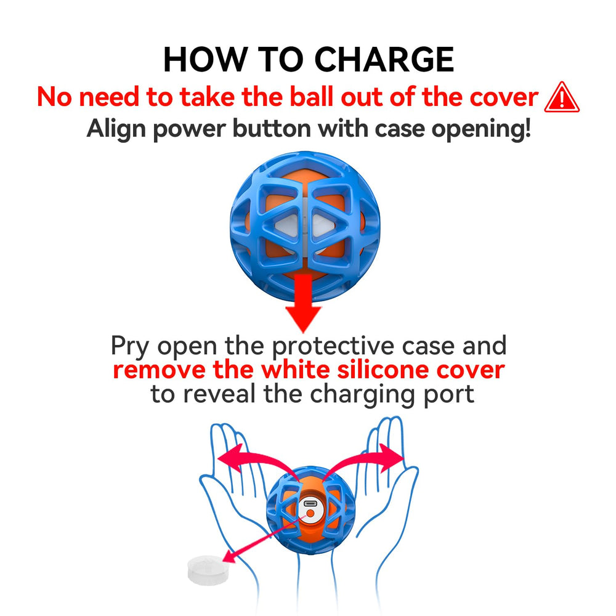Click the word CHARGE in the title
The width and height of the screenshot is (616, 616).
tap(384, 59)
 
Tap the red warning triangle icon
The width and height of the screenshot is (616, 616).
tap(562, 97)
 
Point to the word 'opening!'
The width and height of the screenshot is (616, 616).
tap(481, 129)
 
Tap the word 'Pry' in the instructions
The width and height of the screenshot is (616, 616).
tap(130, 347)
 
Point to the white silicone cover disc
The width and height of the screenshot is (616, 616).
tap(208, 570)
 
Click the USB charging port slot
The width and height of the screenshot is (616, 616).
tap(310, 503)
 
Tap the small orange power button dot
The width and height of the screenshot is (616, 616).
tap(310, 513)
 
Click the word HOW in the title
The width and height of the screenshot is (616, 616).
tap(205, 59)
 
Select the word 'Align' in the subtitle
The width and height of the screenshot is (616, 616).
tap(116, 129)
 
